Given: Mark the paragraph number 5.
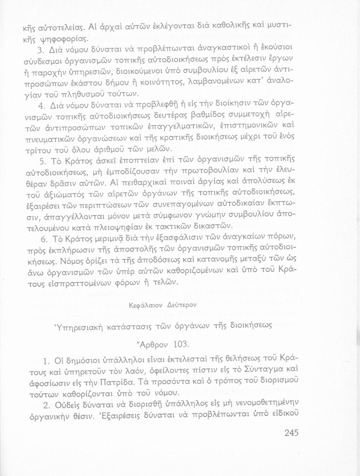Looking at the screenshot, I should [x=43, y=161].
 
